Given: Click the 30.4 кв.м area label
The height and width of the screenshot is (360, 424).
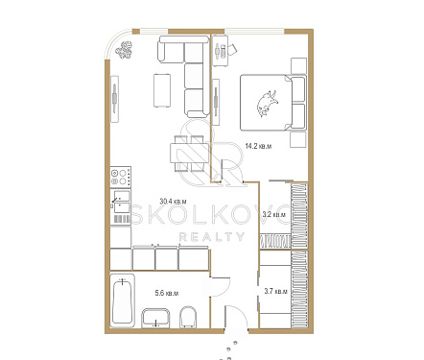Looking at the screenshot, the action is click(x=173, y=202).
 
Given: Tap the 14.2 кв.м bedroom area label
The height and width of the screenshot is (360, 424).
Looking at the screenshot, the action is click(x=258, y=146).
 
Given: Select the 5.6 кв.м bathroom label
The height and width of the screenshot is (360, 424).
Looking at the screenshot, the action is click(x=167, y=293).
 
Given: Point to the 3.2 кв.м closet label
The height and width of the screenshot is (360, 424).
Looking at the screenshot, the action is click(x=273, y=214).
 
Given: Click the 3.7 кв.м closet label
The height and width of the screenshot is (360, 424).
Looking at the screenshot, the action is click(x=275, y=292).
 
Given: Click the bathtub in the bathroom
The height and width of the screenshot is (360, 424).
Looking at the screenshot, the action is click(x=123, y=300).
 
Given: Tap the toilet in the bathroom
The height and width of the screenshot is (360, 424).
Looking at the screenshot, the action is click(x=188, y=317).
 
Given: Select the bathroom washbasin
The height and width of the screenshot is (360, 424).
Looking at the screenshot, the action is click(x=155, y=318).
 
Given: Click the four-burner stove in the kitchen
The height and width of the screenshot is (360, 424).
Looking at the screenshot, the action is click(x=121, y=177).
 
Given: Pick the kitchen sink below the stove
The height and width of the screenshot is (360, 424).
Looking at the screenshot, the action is click(x=121, y=202).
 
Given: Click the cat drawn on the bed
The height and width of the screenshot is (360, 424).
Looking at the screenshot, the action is click(x=267, y=103).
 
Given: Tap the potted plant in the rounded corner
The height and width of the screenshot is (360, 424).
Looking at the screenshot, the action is click(x=124, y=50).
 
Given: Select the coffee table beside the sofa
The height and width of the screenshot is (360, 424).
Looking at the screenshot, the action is click(x=162, y=90).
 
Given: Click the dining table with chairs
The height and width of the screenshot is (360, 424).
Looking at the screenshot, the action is click(x=189, y=154).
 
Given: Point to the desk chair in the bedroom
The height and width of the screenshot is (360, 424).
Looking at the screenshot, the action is click(x=232, y=49).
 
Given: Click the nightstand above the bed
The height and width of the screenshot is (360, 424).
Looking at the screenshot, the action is click(x=298, y=65).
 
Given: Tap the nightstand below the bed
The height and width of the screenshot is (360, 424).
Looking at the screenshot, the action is click(x=298, y=139).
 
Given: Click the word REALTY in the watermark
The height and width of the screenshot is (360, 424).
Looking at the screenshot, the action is click(x=212, y=237).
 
